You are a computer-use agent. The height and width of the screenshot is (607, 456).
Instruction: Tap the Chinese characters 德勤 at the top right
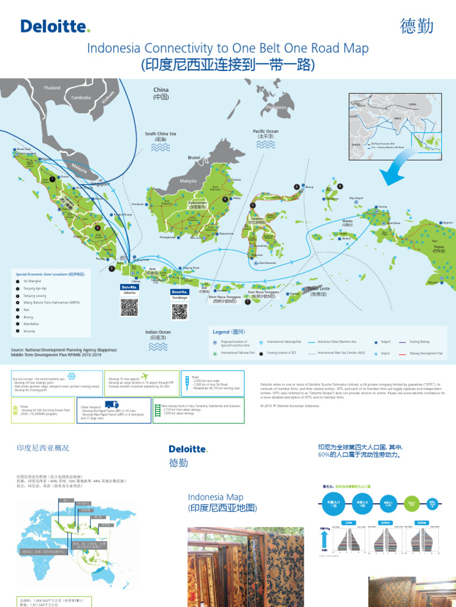(418, 26)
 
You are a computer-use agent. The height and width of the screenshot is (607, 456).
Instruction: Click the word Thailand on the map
(52, 88)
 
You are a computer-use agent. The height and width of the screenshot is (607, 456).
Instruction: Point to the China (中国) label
(161, 93)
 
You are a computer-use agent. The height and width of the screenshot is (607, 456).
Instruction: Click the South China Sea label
(160, 137)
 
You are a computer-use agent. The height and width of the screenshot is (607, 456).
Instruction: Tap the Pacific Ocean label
(265, 133)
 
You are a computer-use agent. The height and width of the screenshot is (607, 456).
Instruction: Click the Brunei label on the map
(194, 158)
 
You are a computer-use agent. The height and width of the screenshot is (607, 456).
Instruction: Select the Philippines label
(276, 107)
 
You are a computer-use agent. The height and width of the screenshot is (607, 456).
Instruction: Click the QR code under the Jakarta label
(129, 307)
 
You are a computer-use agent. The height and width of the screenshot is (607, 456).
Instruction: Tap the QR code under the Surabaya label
(180, 310)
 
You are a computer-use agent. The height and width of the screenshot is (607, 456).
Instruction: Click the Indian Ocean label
(158, 334)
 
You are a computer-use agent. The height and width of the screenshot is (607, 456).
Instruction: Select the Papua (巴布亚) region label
(439, 249)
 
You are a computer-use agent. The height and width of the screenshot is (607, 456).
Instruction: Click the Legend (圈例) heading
(229, 332)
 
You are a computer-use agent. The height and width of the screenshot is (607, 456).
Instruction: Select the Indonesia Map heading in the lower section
(216, 502)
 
